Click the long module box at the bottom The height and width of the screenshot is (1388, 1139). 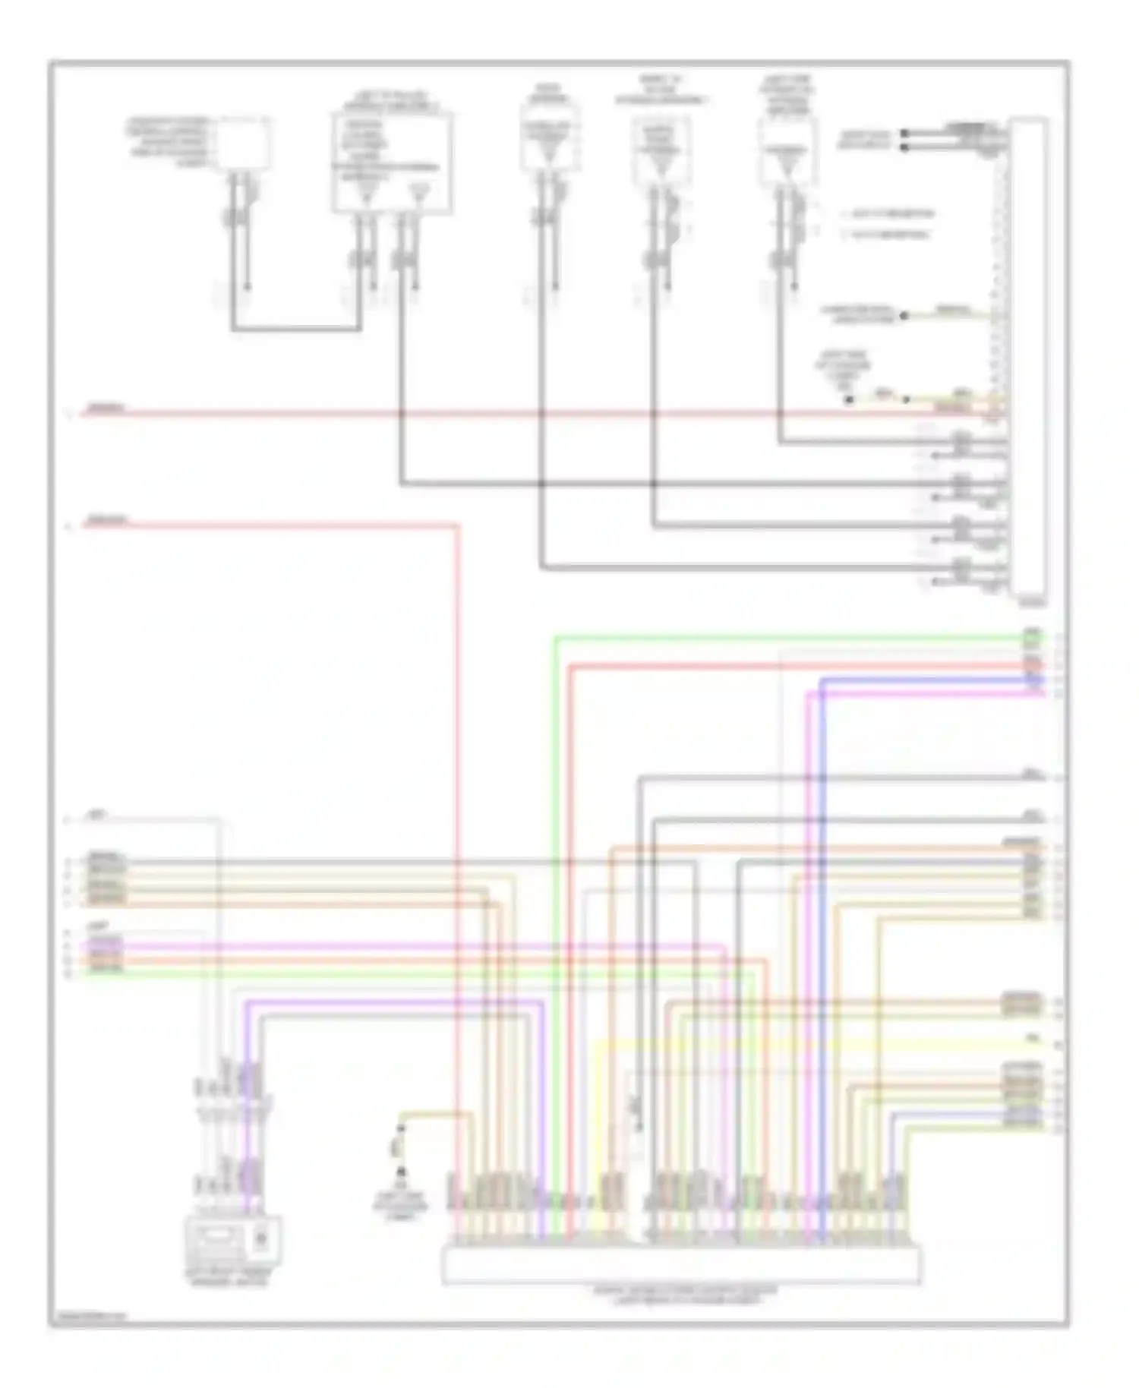click(x=680, y=1264)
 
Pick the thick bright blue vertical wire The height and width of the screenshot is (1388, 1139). click(x=822, y=949)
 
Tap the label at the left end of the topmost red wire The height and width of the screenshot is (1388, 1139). click(x=105, y=409)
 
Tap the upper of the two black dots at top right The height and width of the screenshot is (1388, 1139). click(x=904, y=134)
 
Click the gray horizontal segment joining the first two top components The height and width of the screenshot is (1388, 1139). click(x=296, y=330)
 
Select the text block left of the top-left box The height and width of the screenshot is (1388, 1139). click(x=169, y=141)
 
